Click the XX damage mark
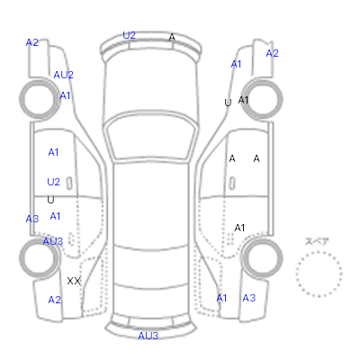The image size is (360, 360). [x=74, y=281]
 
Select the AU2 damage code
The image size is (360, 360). [x=63, y=75]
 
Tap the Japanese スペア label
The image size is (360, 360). [x=317, y=241]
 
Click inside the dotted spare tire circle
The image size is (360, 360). [x=319, y=274]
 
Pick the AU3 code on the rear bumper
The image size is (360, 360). [x=148, y=336]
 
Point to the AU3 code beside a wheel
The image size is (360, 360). [x=53, y=241]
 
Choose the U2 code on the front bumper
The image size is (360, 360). [x=130, y=35]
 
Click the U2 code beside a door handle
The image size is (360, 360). [x=54, y=182]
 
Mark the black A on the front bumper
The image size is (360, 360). [x=172, y=37]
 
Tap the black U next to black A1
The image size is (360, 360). [x=228, y=103]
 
